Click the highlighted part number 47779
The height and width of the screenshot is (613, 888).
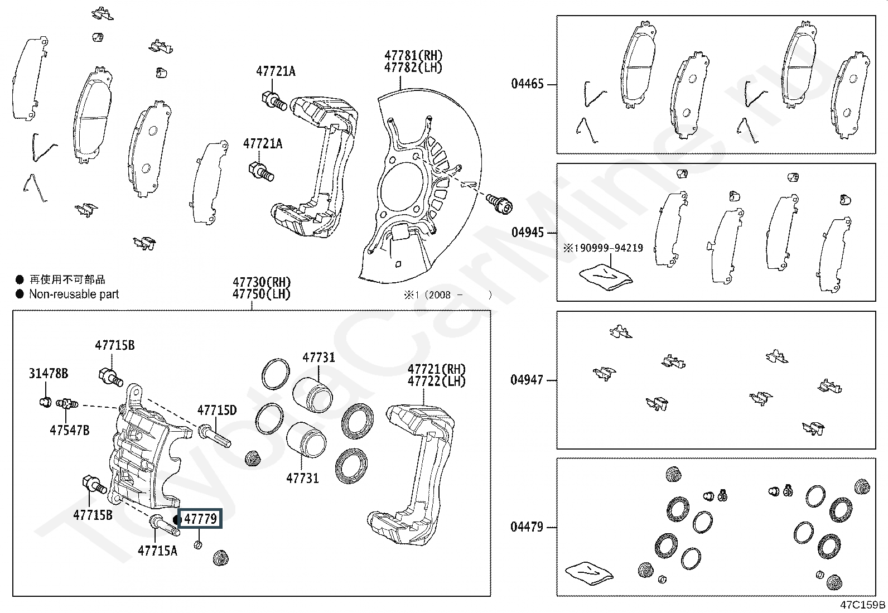(x=201, y=519)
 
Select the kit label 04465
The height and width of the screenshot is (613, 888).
(x=527, y=84)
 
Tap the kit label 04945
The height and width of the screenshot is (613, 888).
(x=527, y=233)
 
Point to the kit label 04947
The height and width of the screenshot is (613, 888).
(x=527, y=380)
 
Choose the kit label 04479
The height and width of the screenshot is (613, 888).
(x=527, y=527)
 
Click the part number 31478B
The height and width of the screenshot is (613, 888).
(x=49, y=374)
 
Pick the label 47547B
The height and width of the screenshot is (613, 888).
(x=69, y=430)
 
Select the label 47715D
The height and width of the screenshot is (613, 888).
(x=217, y=410)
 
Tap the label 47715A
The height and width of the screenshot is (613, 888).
(x=157, y=551)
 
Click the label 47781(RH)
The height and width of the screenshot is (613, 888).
(x=413, y=56)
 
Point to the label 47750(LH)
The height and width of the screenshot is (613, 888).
(x=261, y=294)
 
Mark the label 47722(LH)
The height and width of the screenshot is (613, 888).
(x=436, y=382)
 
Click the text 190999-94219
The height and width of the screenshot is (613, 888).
(x=608, y=248)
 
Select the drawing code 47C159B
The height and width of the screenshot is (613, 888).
(x=863, y=605)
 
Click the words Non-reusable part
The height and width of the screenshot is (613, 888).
(x=74, y=294)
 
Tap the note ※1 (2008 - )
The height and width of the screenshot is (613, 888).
(x=448, y=295)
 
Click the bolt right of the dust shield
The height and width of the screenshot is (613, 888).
(x=500, y=204)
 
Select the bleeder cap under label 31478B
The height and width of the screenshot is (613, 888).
(x=46, y=402)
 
